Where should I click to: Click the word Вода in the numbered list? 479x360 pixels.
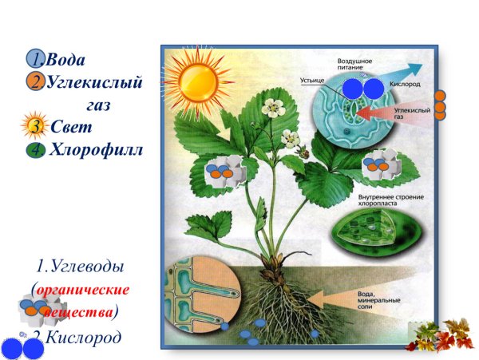[65, 60]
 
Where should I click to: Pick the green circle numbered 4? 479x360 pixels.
[35, 149]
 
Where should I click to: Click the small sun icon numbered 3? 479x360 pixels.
[35, 127]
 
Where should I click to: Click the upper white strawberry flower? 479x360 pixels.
[275, 106]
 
